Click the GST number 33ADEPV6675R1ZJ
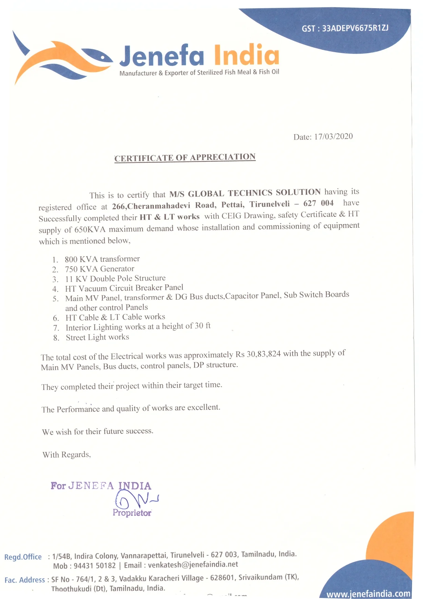(355, 28)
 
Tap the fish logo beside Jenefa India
(61, 60)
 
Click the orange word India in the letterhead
(246, 55)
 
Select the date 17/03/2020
(333, 137)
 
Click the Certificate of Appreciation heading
(185, 157)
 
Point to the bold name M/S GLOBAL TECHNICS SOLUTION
(245, 193)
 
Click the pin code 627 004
(318, 203)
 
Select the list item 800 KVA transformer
(102, 259)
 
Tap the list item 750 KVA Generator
(100, 269)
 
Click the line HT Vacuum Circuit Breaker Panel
(124, 288)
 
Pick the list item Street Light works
(97, 337)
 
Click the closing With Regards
(67, 455)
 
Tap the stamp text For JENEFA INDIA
(101, 486)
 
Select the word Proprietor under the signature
(132, 513)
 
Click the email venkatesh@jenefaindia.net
(193, 565)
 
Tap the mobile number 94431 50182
(94, 566)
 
